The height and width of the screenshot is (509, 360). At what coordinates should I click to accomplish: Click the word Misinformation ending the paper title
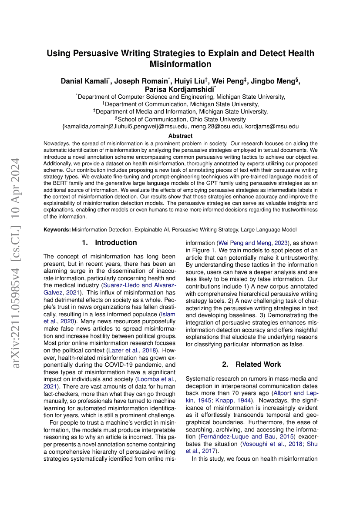click(180, 64)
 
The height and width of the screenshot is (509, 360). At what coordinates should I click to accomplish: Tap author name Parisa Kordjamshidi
click(179, 89)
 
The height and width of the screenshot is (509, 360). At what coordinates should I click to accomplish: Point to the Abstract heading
click(180, 136)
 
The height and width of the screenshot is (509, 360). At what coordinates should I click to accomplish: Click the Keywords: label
click(57, 229)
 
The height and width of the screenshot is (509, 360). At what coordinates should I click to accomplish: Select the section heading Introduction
click(116, 242)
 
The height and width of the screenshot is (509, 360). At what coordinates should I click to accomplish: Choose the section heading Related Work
click(258, 364)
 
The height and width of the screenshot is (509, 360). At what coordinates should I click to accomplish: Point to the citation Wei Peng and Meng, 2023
click(252, 243)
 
